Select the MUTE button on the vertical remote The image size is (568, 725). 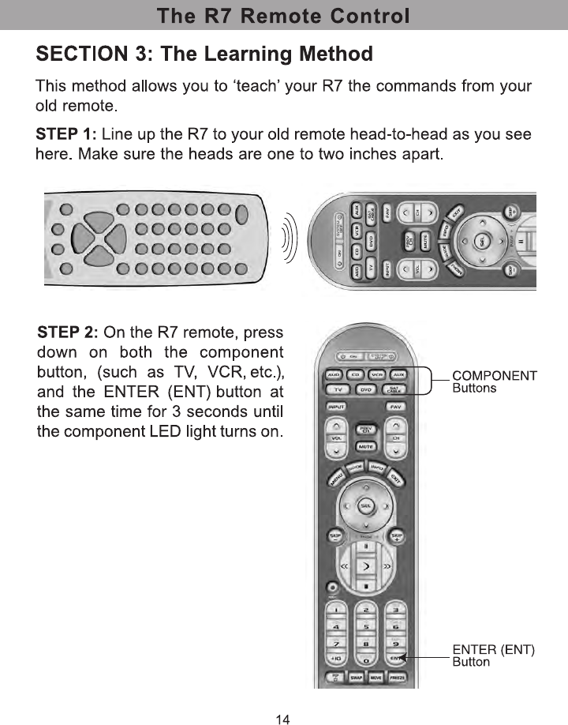tap(366, 447)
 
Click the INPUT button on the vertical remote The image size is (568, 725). tap(337, 406)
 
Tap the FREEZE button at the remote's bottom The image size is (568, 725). tap(396, 678)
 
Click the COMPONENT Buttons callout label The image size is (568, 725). tap(494, 381)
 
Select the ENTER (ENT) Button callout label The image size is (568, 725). tap(494, 656)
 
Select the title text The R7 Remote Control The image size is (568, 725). tap(283, 16)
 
